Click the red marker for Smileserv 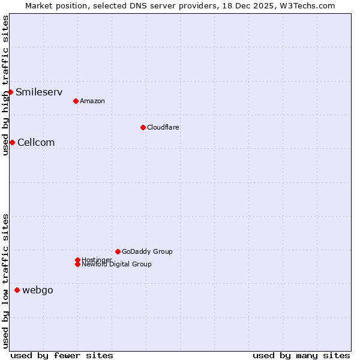[11, 92]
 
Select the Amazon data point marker [76, 101]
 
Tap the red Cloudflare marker [143, 127]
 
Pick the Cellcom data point [12, 142]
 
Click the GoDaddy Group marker [118, 251]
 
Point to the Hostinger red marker [77, 260]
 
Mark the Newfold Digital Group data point [77, 264]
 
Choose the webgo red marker [17, 290]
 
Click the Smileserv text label [39, 92]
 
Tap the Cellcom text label [36, 142]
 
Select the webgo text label [38, 290]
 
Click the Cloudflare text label [163, 127]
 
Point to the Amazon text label [92, 101]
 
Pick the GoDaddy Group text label [147, 251]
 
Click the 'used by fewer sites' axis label [62, 355]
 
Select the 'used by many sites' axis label [301, 355]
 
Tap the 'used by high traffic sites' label [5, 85]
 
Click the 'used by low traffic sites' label [5, 281]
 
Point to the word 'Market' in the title [40, 5]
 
